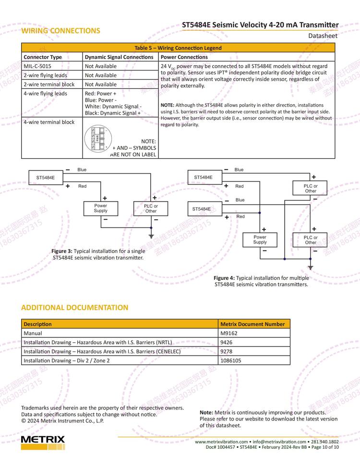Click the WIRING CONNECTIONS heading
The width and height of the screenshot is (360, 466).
[60, 31]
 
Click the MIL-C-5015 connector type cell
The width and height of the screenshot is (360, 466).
[37, 66]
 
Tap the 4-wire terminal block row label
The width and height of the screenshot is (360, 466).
[49, 122]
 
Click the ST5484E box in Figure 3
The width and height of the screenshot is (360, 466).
[45, 178]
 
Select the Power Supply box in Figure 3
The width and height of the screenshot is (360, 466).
[101, 208]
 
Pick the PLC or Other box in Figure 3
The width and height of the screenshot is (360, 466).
[151, 208]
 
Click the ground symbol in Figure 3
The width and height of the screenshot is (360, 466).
[151, 236]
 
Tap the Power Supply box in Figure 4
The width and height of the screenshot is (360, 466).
[260, 239]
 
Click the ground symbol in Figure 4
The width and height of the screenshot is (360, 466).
[311, 267]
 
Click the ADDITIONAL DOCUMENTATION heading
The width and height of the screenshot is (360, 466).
[74, 308]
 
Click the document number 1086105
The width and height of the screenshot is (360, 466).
[230, 360]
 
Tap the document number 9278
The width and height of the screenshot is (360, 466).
[226, 351]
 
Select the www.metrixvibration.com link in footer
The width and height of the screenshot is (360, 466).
[221, 442]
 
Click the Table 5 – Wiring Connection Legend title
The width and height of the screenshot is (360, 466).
[178, 48]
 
